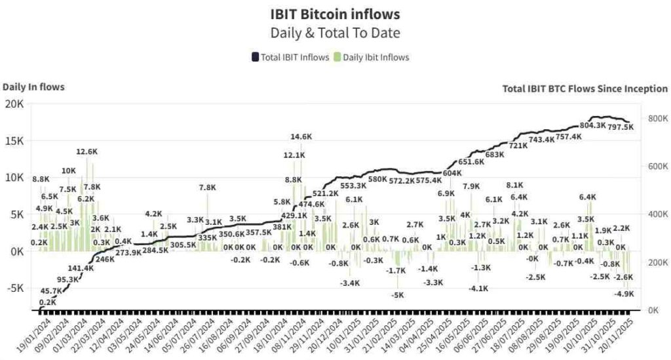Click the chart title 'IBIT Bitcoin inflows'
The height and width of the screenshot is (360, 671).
tap(335, 14)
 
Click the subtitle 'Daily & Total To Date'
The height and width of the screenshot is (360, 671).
tap(335, 33)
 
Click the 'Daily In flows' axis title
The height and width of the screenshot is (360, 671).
tap(33, 87)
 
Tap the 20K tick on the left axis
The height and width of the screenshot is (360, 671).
tap(14, 104)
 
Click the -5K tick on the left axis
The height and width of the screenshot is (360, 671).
tap(14, 288)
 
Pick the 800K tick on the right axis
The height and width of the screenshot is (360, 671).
tap(657, 119)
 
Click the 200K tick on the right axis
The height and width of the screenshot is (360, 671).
tap(657, 262)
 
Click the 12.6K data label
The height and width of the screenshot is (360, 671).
tap(86, 151)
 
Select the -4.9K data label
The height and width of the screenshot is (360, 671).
tap(624, 294)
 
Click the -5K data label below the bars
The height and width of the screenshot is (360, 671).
tap(397, 295)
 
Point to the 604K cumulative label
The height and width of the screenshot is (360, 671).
tap(451, 173)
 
